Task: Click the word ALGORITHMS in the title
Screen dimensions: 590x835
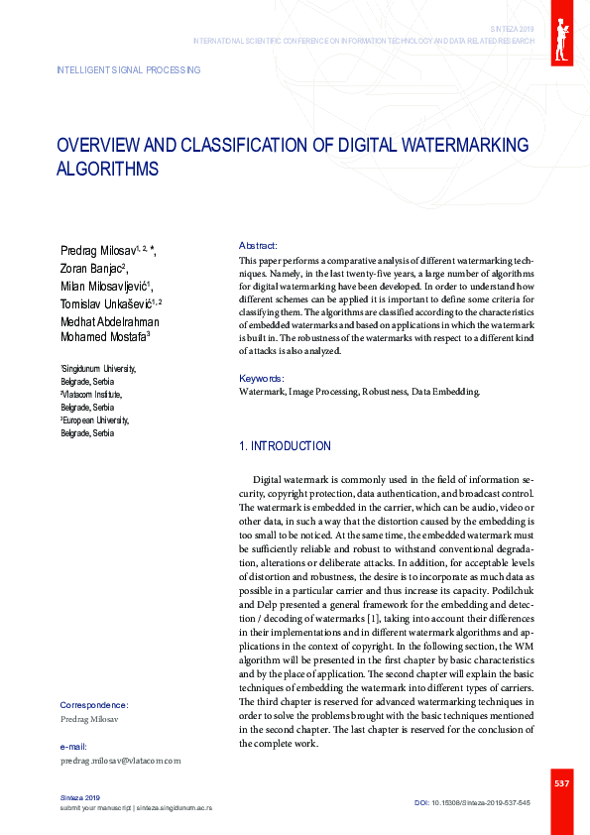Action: (x=107, y=169)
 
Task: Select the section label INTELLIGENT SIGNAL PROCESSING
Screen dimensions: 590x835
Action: (x=129, y=70)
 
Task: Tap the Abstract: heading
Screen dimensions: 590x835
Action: (x=258, y=245)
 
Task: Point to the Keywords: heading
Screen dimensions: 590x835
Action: (x=262, y=379)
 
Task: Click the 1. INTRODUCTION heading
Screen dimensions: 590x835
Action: (x=286, y=446)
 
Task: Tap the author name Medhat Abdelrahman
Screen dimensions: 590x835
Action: (x=109, y=321)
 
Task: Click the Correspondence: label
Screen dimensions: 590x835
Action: (x=94, y=705)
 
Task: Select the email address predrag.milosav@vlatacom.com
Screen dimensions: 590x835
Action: (x=121, y=761)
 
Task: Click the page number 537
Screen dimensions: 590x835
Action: (x=561, y=784)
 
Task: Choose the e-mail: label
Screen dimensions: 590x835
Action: (x=73, y=746)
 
